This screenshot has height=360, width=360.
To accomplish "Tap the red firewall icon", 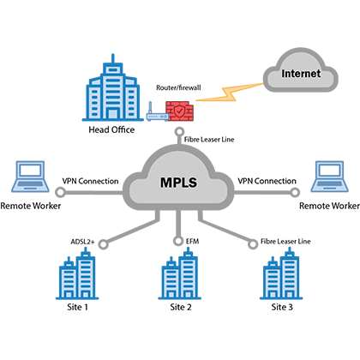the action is (180, 111).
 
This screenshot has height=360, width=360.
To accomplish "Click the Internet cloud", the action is (300, 70).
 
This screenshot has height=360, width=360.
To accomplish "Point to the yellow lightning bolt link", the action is (230, 93).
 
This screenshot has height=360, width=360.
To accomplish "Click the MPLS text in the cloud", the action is (178, 183).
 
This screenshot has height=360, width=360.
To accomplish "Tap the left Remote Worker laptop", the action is (30, 177).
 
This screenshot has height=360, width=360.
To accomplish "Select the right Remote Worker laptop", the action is (329, 177).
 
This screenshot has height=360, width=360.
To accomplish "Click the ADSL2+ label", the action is (82, 242).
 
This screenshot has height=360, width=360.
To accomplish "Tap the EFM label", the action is (192, 242).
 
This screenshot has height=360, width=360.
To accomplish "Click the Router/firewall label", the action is (178, 87).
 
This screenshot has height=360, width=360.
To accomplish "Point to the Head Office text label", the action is (111, 129).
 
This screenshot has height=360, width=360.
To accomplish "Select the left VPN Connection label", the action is (90, 181).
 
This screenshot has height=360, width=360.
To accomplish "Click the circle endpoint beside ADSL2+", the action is (104, 244).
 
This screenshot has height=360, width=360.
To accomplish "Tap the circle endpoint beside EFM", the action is (178, 241).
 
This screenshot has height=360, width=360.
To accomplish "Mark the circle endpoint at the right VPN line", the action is (295, 193).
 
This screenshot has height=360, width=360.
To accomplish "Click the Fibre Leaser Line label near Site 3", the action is (285, 242).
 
